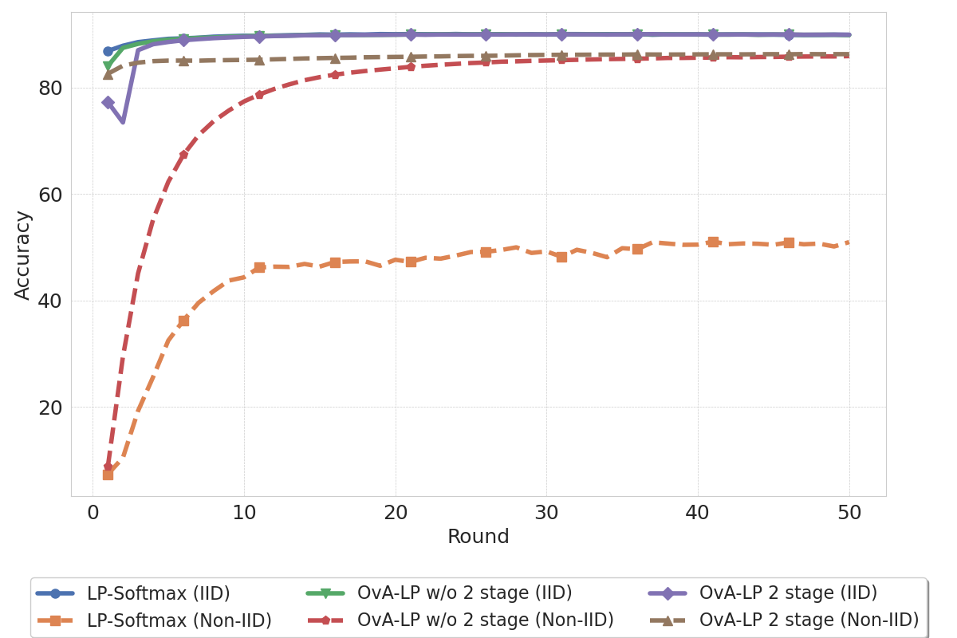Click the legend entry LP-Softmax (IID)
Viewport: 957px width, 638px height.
click(158, 593)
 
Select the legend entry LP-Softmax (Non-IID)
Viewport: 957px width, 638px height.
click(179, 620)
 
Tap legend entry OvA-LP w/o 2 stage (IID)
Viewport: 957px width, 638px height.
click(464, 593)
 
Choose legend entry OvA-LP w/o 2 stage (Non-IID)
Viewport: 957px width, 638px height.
click(485, 620)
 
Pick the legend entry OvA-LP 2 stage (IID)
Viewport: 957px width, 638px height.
click(788, 593)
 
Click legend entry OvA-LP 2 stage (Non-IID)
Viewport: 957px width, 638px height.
click(809, 620)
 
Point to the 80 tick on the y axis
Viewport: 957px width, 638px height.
click(51, 88)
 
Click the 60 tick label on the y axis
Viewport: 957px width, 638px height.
click(51, 195)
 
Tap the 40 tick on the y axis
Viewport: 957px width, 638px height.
click(51, 301)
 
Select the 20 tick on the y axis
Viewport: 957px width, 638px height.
click(51, 408)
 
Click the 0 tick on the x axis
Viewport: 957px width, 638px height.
click(93, 514)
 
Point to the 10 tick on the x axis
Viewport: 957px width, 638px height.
click(244, 514)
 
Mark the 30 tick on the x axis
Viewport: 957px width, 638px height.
click(546, 514)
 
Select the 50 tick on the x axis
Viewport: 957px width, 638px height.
click(849, 514)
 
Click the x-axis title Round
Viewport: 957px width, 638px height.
click(478, 538)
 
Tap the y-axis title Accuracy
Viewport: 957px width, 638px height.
click(23, 255)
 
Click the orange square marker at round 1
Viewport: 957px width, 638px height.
click(108, 475)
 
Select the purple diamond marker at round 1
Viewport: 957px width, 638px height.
click(108, 103)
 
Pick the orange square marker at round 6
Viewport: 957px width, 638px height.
click(183, 321)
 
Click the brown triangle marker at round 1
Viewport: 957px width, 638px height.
click(108, 74)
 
